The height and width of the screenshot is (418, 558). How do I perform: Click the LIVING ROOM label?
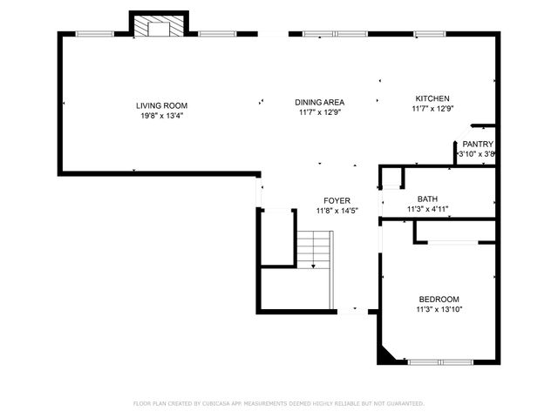(155, 105)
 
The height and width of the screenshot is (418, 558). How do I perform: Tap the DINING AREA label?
(319, 102)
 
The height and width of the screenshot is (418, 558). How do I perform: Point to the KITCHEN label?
(432, 98)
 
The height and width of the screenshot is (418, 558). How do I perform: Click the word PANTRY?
(478, 145)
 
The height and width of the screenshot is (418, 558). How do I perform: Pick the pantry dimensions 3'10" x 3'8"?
(478, 154)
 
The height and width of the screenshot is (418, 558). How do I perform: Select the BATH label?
(427, 199)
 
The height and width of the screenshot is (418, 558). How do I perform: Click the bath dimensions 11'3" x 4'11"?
(427, 209)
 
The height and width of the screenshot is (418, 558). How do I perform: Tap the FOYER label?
(337, 201)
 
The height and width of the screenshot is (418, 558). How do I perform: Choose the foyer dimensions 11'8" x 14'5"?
(337, 211)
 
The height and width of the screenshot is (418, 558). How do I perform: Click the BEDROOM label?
(439, 300)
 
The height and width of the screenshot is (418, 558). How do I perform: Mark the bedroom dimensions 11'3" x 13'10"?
(439, 309)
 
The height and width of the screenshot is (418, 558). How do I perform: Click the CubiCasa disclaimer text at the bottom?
(278, 404)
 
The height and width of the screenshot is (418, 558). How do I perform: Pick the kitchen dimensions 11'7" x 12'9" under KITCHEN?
(432, 109)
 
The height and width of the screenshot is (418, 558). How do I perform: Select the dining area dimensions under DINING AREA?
(319, 112)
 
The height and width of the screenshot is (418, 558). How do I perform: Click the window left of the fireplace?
(94, 34)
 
